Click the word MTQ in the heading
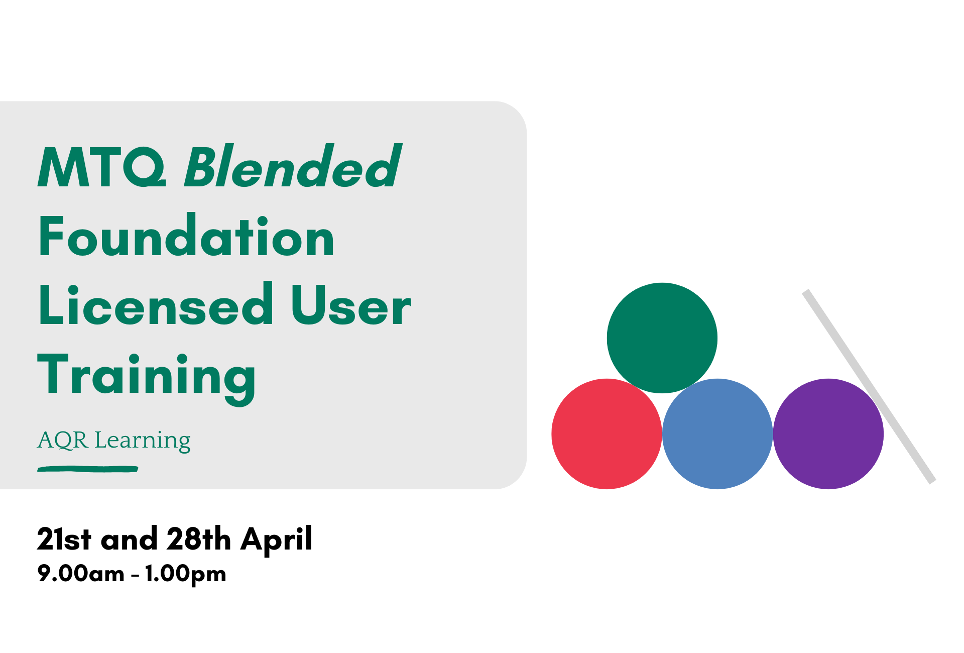[x=102, y=167]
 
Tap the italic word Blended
[x=293, y=166]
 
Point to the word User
[x=351, y=305]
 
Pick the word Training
[x=147, y=378]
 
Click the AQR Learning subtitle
[x=114, y=441]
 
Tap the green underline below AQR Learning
[x=88, y=469]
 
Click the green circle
[x=662, y=338]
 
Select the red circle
[x=607, y=433]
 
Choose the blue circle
[x=717, y=433]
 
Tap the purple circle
[x=828, y=433]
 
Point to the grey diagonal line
[x=869, y=386]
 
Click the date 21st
[x=64, y=539]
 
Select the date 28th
[x=199, y=539]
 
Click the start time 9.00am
[x=81, y=574]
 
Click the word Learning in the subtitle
[x=143, y=441]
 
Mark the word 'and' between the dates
[x=129, y=539]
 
